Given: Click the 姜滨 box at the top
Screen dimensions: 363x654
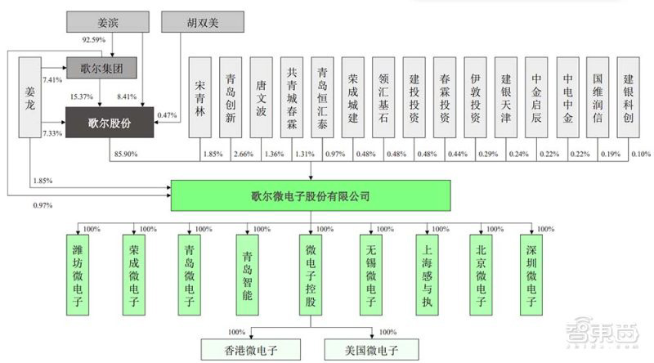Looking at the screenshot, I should tap(101, 22).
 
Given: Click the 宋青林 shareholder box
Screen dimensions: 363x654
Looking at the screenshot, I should tap(201, 102).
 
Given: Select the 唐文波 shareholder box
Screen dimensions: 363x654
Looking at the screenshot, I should tap(262, 102).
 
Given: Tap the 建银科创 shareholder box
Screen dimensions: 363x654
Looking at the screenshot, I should tap(628, 102).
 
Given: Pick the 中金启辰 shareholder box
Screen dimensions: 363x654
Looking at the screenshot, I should tap(536, 102).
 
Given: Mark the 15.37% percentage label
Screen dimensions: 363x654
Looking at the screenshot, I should tap(82, 97).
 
